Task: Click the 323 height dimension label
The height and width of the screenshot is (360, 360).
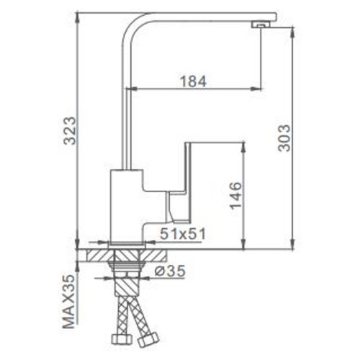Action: click(x=70, y=130)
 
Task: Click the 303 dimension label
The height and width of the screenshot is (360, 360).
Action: click(x=284, y=138)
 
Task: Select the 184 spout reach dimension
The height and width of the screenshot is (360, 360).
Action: click(x=193, y=81)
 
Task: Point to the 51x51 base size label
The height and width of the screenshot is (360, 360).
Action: click(x=183, y=234)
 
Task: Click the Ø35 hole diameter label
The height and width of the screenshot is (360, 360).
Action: click(x=170, y=271)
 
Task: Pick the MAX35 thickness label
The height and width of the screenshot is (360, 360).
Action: click(x=69, y=302)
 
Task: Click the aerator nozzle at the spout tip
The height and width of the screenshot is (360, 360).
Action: click(x=261, y=24)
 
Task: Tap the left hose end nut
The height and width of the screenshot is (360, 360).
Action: click(x=122, y=339)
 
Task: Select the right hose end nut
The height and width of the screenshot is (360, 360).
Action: click(x=148, y=340)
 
